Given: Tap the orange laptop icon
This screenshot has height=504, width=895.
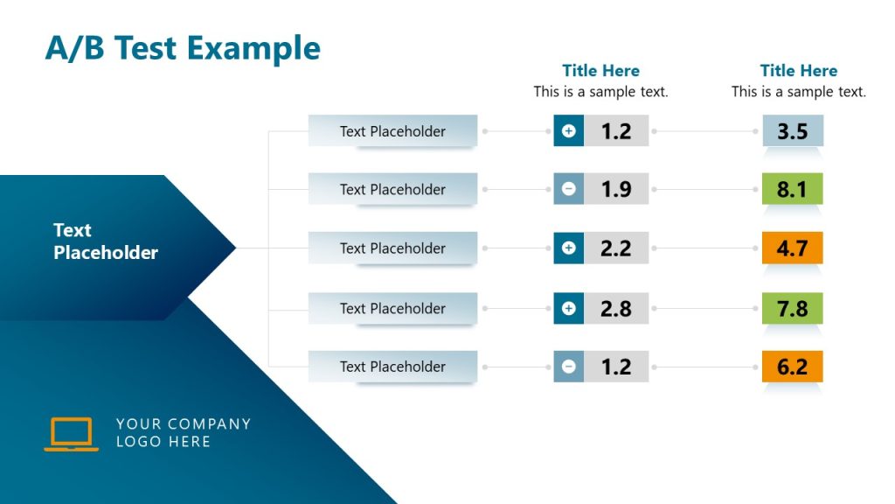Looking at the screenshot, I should point(71,434).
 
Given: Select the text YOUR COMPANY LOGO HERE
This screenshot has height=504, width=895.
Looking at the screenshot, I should point(183,432).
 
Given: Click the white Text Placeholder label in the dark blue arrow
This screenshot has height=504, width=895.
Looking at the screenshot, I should point(106,241).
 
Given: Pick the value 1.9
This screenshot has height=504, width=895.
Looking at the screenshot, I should point(616,189).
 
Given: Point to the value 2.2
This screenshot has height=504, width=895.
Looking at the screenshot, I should point(616,248).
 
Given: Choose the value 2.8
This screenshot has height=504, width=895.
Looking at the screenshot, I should point(616,308).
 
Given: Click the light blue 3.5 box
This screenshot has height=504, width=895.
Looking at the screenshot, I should point(792,131).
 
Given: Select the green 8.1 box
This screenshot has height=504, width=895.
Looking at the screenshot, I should point(792,189).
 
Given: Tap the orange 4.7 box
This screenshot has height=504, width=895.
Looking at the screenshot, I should point(792,248).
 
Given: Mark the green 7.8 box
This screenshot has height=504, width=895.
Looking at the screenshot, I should point(792,308).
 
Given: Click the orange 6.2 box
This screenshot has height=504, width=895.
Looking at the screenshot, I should point(792,367).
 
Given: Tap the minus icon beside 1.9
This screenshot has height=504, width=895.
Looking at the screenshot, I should point(569,189).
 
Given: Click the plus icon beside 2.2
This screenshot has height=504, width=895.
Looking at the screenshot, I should point(569,248).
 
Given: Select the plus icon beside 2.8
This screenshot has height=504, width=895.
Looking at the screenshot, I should point(569,308).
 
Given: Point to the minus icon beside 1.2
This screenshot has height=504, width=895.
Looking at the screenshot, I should point(569,367).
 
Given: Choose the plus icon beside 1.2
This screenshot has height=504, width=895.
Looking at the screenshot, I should point(569,131).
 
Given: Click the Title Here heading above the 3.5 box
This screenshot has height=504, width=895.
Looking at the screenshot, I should point(798,71).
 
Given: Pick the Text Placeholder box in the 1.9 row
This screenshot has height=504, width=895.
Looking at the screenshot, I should point(392,189).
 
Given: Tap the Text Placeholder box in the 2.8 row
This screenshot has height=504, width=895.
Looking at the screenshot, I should point(392,308).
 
